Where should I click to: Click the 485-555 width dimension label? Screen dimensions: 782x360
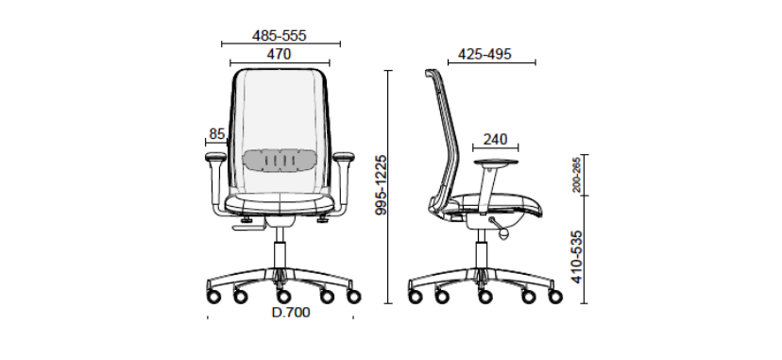point(279,36)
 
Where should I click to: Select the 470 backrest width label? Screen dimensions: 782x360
point(279,54)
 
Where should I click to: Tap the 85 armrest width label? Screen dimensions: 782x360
point(217,134)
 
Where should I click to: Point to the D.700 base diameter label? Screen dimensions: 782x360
point(291,312)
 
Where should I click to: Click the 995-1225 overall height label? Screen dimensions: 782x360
point(381,185)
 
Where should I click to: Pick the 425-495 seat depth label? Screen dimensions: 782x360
point(484,54)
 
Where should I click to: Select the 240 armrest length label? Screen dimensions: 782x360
point(495,140)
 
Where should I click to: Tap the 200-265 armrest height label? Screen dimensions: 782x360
point(576,175)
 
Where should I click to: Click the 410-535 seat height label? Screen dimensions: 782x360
point(576,257)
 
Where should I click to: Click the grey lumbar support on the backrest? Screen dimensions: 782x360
point(280,161)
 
